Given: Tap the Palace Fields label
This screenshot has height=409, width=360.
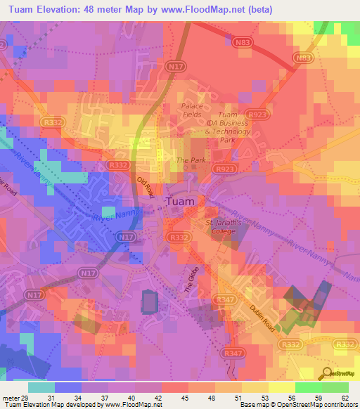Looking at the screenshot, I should (193, 110).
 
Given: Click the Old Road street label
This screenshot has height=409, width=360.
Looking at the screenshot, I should (146, 188).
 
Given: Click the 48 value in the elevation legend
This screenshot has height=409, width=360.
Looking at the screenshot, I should (193, 397).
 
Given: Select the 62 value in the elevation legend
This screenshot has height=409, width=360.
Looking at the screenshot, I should (345, 397).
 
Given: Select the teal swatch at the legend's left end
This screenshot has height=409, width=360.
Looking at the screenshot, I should (41, 387).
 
